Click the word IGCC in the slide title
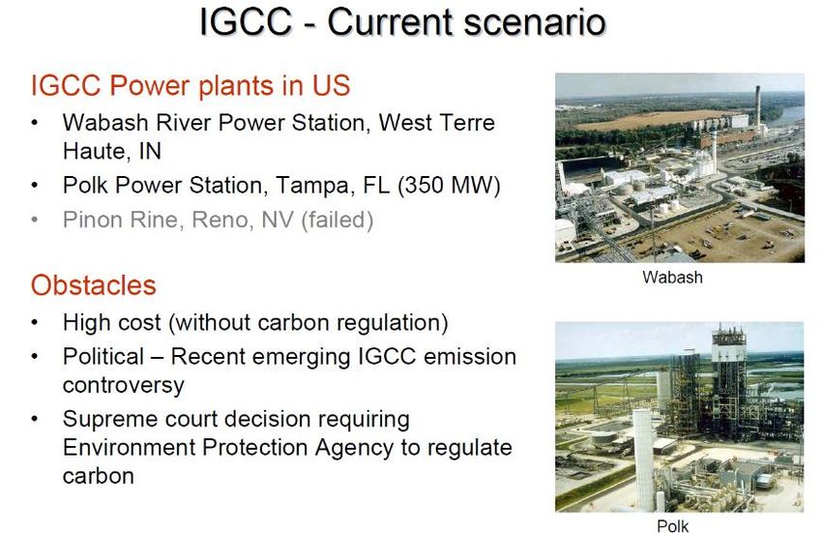246,22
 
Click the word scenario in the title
534,22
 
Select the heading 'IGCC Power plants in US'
191,86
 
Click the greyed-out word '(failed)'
338,220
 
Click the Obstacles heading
93,285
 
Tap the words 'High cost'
111,323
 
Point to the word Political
103,357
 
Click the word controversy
124,386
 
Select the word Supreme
109,420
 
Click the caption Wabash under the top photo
672,277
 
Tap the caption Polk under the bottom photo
673,525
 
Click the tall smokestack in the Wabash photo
757,107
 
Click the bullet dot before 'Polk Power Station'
35,185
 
